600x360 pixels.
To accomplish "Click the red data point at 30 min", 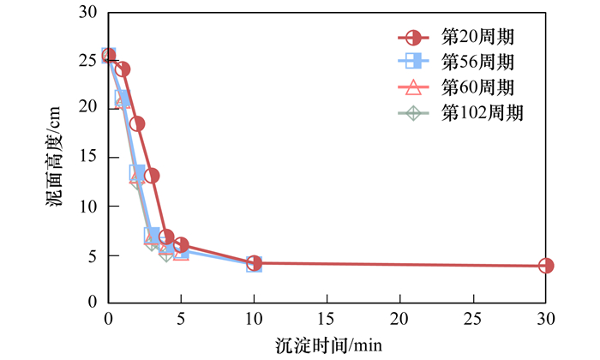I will tap(546, 266).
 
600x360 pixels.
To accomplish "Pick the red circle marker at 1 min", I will tap(123, 69).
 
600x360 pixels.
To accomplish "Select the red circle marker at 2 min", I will tap(137, 123).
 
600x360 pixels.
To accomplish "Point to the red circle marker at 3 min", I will tap(152, 176).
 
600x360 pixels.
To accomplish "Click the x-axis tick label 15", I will tap(327, 319).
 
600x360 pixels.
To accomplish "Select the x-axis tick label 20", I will tap(399, 319).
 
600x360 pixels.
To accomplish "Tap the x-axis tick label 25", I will tap(472, 319).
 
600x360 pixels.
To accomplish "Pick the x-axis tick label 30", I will tap(546, 319).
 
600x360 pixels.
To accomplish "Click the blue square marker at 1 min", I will tap(123, 99).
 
